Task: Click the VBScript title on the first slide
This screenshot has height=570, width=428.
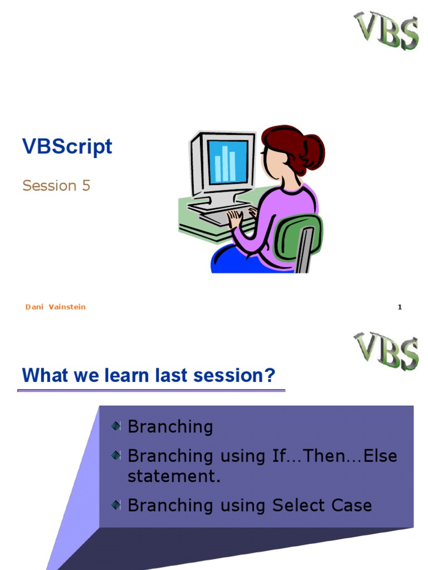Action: click(x=67, y=147)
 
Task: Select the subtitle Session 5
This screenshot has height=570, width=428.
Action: click(x=56, y=185)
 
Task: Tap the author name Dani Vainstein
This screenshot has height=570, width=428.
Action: click(x=55, y=307)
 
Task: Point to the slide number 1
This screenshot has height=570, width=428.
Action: click(x=400, y=307)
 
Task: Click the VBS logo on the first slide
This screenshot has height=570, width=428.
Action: click(x=386, y=30)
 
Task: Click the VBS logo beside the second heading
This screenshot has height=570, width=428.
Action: click(x=386, y=351)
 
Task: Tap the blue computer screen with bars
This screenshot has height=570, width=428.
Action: click(x=227, y=162)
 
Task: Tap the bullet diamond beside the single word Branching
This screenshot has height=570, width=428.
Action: click(x=116, y=426)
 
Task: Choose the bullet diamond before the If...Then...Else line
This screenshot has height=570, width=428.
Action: click(x=116, y=455)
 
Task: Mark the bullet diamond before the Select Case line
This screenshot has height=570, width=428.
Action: click(x=116, y=504)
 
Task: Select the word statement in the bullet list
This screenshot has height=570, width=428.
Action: click(x=174, y=476)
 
